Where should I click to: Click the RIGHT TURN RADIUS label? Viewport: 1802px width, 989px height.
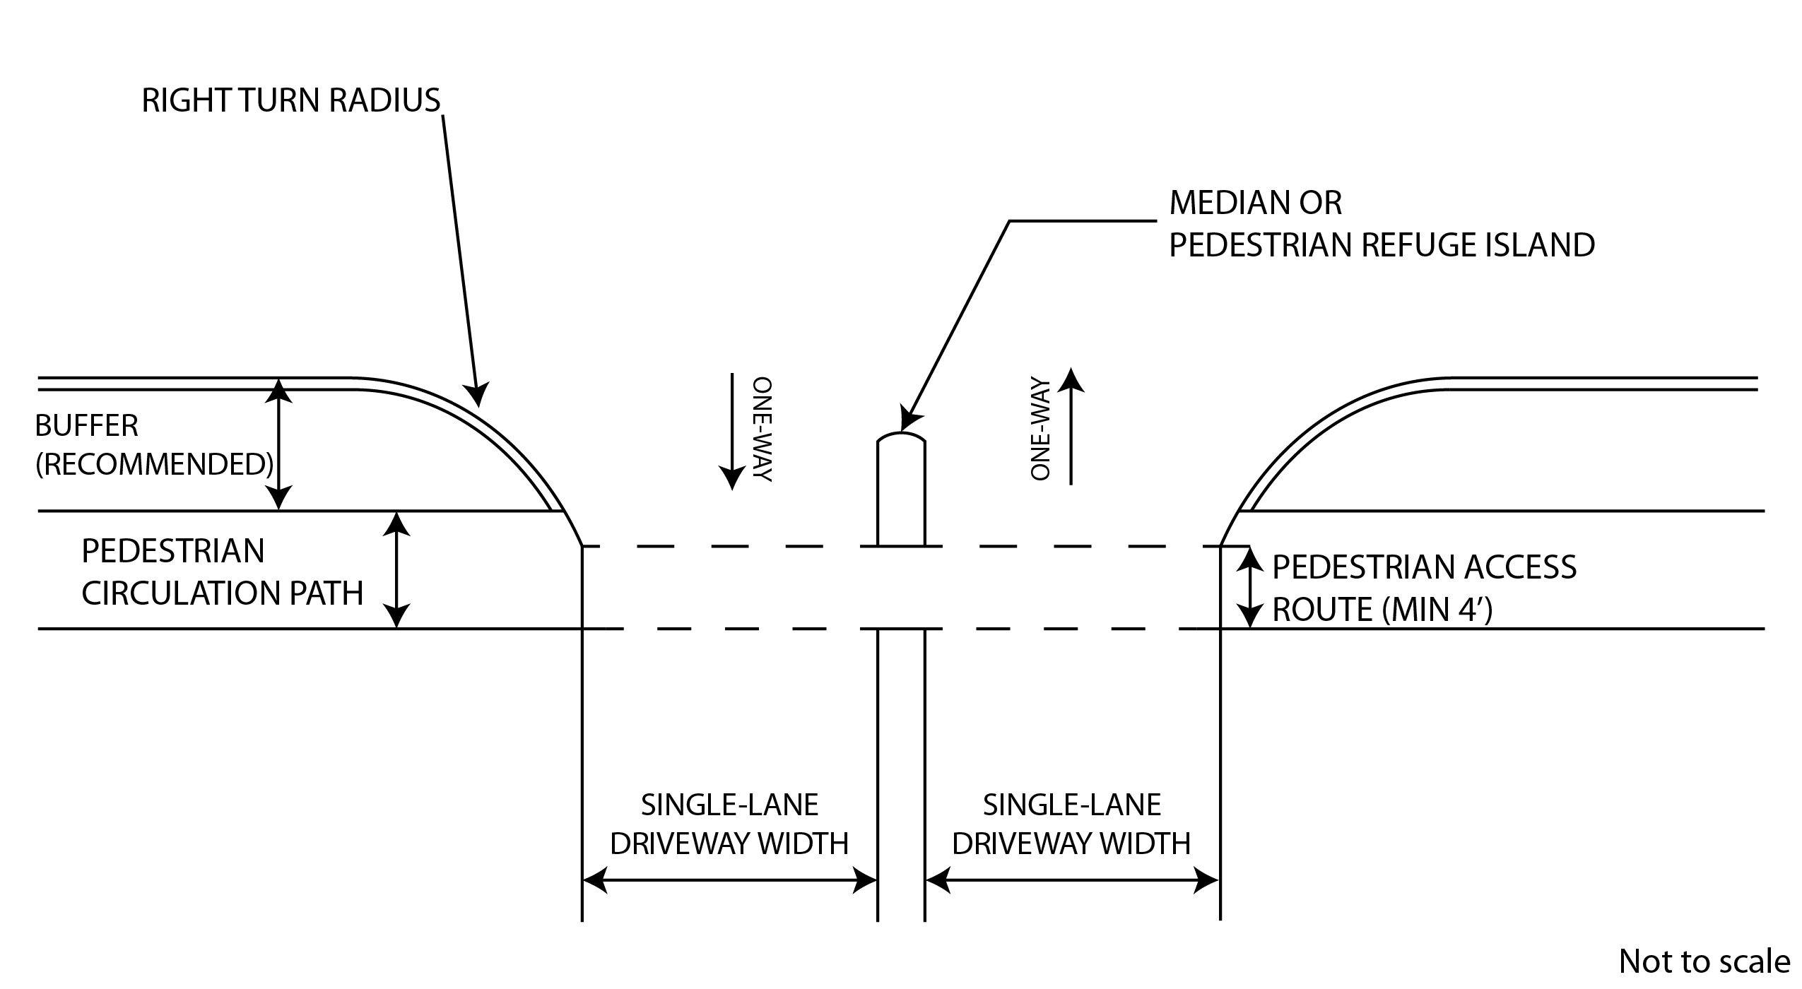[x=291, y=101]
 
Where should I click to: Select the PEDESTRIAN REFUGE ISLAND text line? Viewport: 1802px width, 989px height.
[x=1382, y=245]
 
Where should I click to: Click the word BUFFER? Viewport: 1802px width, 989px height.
[x=87, y=426]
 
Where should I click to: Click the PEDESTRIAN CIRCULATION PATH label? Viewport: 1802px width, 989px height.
[x=222, y=572]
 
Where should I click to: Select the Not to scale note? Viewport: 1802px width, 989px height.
[x=1704, y=961]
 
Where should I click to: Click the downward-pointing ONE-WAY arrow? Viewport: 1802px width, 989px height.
[x=731, y=431]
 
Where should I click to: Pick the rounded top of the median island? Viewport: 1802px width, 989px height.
[x=901, y=437]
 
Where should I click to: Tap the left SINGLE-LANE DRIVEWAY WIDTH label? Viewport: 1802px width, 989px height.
[x=729, y=824]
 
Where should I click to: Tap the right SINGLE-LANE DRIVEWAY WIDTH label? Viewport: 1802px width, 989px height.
[x=1071, y=824]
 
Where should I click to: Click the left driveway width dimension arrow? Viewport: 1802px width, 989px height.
[x=729, y=881]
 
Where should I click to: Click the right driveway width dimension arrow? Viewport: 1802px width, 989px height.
[x=1071, y=881]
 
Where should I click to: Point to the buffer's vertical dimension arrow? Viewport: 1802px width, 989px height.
[x=279, y=445]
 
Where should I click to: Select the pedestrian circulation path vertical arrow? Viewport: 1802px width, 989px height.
[x=397, y=569]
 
